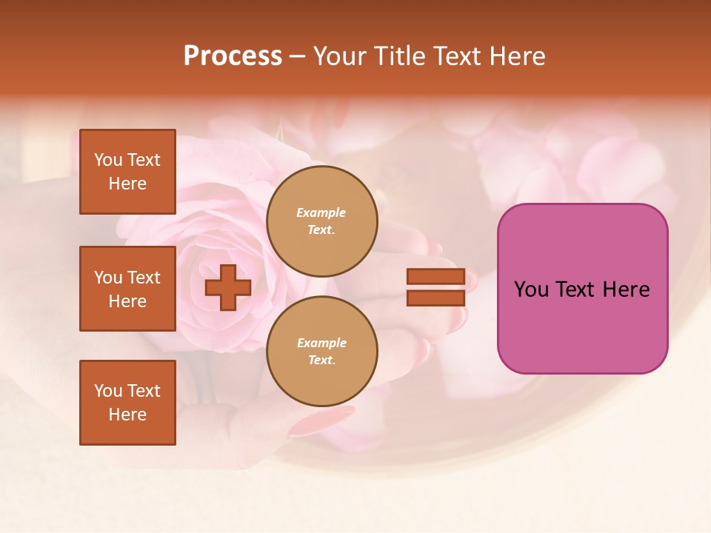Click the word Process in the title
click(x=233, y=56)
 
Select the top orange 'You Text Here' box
click(x=127, y=172)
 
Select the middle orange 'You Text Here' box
click(x=127, y=289)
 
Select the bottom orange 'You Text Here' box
click(x=127, y=403)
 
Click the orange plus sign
click(x=227, y=288)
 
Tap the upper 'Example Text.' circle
click(x=321, y=221)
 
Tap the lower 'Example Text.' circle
click(x=321, y=351)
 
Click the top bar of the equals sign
click(x=435, y=277)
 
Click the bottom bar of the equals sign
click(x=435, y=298)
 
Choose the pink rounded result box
click(x=582, y=289)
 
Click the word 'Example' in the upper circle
click(x=321, y=213)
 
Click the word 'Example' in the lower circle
click(x=321, y=343)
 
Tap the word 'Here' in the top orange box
click(x=127, y=184)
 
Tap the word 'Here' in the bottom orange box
click(x=127, y=415)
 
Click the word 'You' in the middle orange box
click(x=108, y=278)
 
